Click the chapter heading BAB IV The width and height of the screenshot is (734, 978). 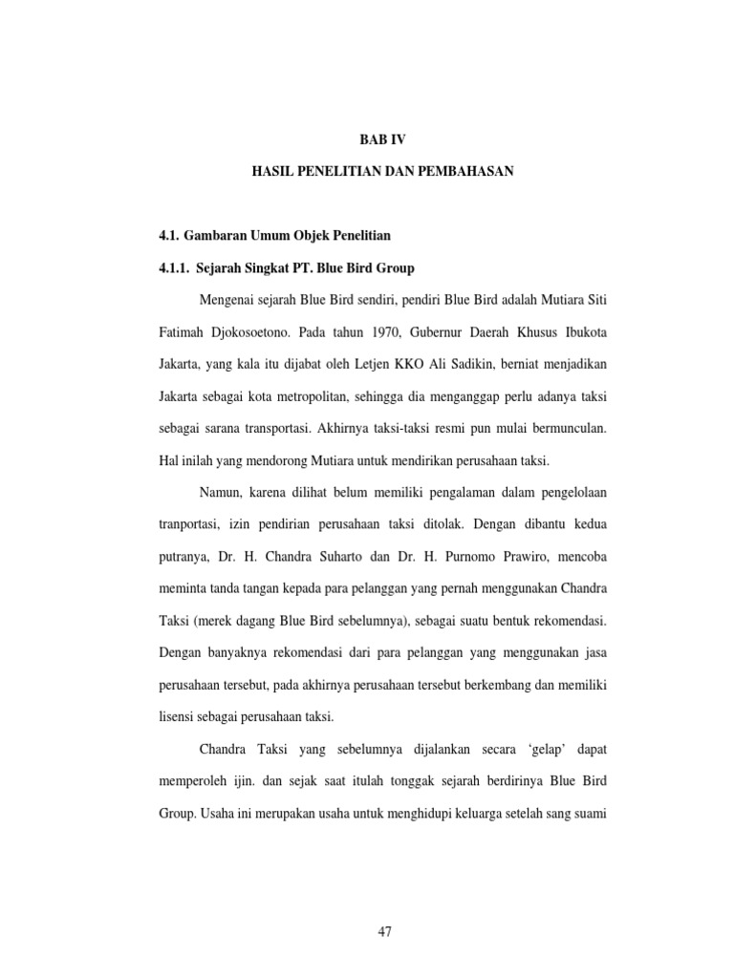point(382,138)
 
